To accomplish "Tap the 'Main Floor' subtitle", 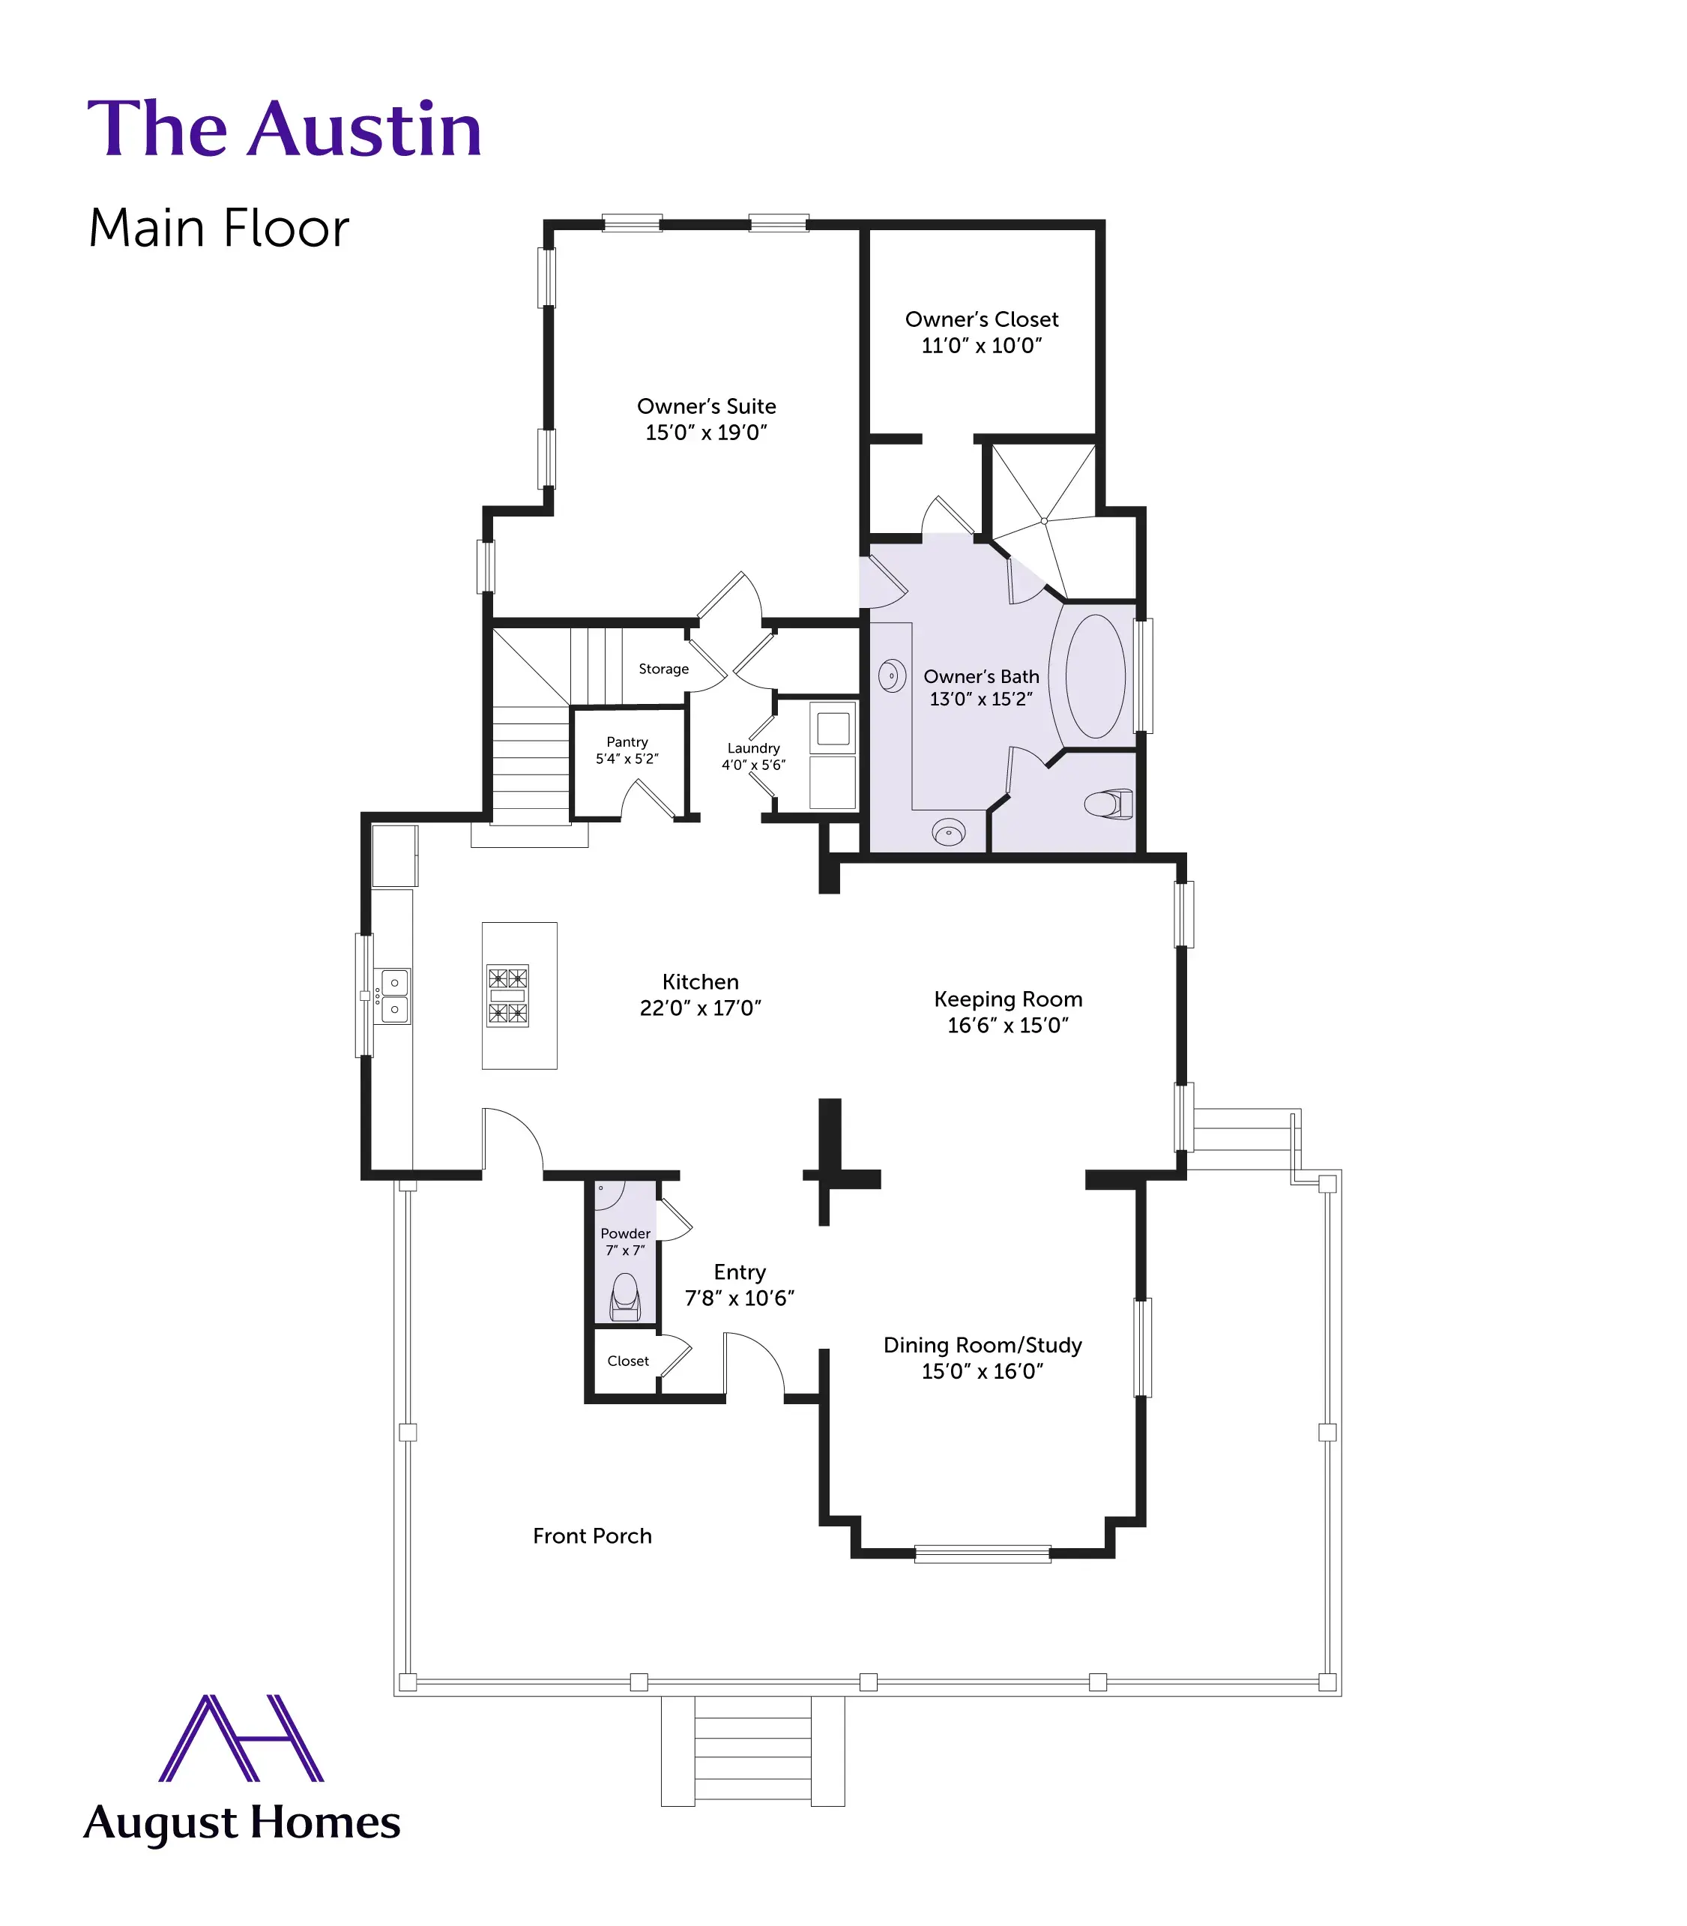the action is pyautogui.click(x=218, y=228).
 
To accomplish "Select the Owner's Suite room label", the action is pyautogui.click(x=706, y=406).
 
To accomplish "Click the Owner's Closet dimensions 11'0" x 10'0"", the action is pyautogui.click(x=981, y=346).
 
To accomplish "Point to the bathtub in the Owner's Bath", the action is pyautogui.click(x=1095, y=675).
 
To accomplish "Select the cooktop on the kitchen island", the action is pyautogui.click(x=507, y=995).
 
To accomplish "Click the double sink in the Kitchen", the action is pyautogui.click(x=393, y=996).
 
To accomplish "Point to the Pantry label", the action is pyautogui.click(x=627, y=742).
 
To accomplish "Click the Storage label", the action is pyautogui.click(x=664, y=669).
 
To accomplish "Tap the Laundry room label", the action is pyautogui.click(x=753, y=747).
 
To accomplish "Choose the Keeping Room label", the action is pyautogui.click(x=1008, y=999).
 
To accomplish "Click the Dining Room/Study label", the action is pyautogui.click(x=983, y=1345).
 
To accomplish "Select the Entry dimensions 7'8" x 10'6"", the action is pyautogui.click(x=739, y=1298).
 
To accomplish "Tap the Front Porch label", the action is pyautogui.click(x=592, y=1536).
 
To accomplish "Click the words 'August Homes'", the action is pyautogui.click(x=242, y=1823).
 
